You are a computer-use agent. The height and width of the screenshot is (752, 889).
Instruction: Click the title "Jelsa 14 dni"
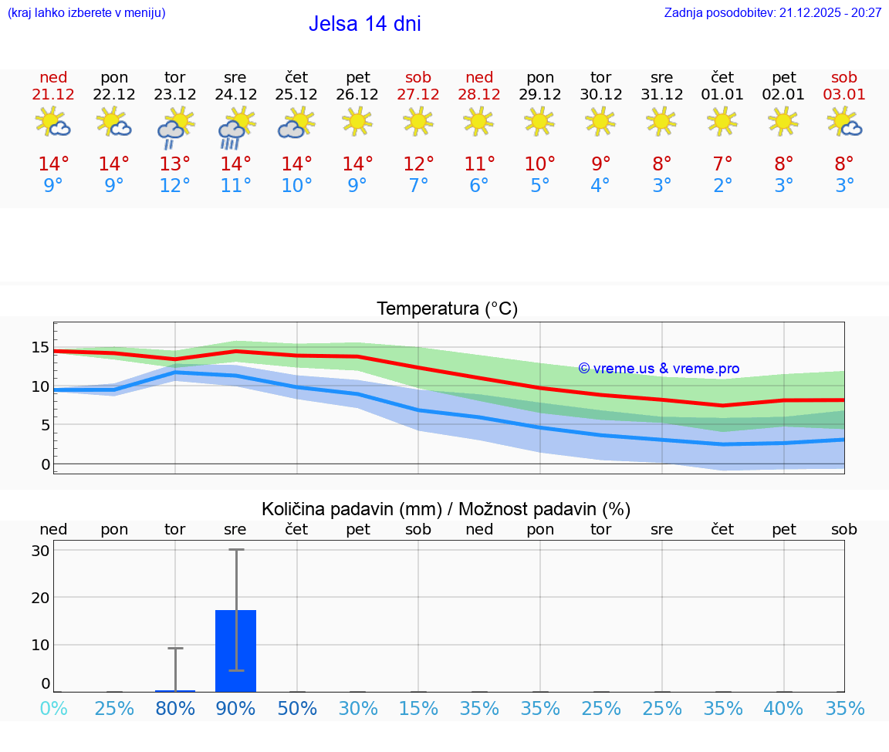(364, 24)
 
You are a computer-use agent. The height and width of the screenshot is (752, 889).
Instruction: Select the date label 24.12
(235, 95)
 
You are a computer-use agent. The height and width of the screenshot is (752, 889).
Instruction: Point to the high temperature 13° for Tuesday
(175, 164)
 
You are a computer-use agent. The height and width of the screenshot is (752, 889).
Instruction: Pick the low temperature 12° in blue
(175, 186)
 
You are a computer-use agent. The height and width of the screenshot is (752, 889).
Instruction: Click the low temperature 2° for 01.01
(722, 186)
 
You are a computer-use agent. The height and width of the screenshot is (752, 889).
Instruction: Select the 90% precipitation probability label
(235, 709)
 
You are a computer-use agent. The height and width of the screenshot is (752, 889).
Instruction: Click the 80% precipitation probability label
(175, 709)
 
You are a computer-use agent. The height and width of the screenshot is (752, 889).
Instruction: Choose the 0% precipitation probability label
(53, 709)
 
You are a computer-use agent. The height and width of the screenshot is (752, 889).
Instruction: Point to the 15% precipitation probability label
(418, 709)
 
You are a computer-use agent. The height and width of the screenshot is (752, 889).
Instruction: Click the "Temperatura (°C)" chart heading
(447, 309)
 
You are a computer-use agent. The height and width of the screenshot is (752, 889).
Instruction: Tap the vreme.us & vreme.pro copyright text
(658, 369)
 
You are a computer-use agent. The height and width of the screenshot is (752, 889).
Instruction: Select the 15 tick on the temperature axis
(41, 348)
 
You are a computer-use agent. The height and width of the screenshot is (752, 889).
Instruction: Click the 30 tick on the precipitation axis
(41, 551)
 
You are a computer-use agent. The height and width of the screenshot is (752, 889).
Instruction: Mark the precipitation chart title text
(446, 509)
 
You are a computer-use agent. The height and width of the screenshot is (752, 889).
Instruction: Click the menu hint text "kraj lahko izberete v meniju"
(86, 13)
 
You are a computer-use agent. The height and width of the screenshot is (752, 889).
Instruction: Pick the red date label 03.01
(844, 95)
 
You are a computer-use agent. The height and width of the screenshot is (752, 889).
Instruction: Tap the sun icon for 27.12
(418, 120)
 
